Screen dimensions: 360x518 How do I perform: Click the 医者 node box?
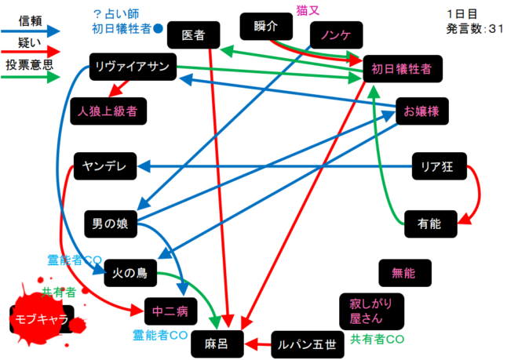point(193,35)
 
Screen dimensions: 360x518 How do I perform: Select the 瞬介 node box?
point(266,26)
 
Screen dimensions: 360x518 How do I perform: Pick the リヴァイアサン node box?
point(132,66)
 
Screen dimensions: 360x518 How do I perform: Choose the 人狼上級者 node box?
point(108,111)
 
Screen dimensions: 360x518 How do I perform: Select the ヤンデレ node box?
point(105,165)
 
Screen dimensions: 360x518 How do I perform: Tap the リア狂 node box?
point(439,166)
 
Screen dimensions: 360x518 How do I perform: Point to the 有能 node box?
point(430,224)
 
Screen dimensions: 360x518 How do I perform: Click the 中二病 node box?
point(170,311)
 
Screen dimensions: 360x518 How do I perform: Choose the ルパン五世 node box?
point(308,344)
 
